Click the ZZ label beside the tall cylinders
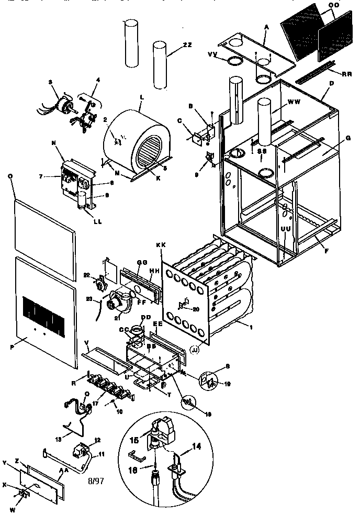coord(187,46)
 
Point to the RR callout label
coord(346,74)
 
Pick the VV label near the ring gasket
coord(212,54)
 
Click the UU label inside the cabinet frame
coord(285,229)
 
